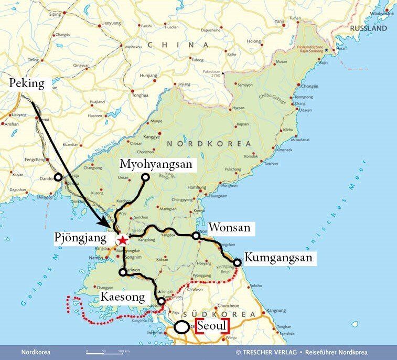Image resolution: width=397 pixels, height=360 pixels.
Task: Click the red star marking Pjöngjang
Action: coord(123,240)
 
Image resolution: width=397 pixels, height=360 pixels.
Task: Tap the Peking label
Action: coord(27,83)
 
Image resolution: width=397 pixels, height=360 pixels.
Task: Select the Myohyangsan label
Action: coord(156,164)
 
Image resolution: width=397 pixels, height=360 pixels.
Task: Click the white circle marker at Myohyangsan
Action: coord(145,177)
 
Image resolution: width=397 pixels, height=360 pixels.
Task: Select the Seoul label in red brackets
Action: coord(213,326)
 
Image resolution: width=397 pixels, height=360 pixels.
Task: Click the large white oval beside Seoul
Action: coord(181,327)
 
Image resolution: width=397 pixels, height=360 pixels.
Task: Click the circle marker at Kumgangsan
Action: coord(237,262)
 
